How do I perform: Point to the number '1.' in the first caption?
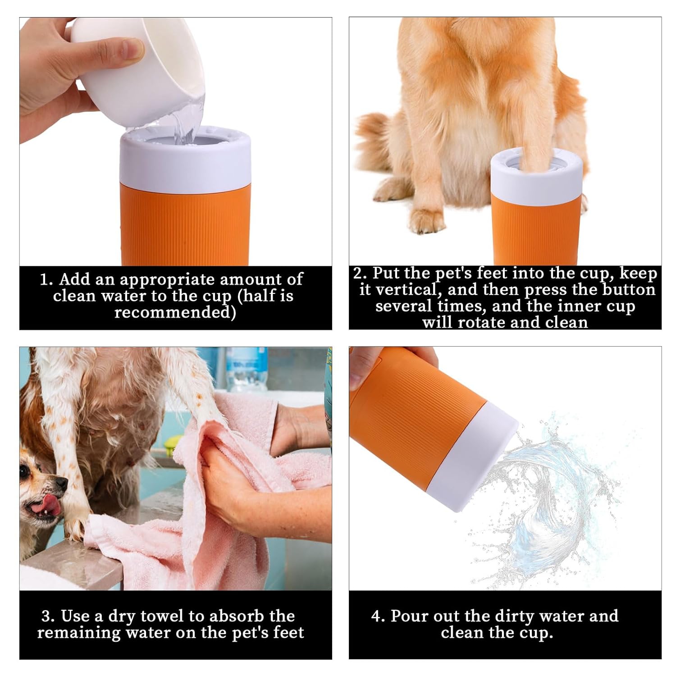46,279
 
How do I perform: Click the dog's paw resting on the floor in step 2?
426,221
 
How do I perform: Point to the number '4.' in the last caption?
378,616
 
